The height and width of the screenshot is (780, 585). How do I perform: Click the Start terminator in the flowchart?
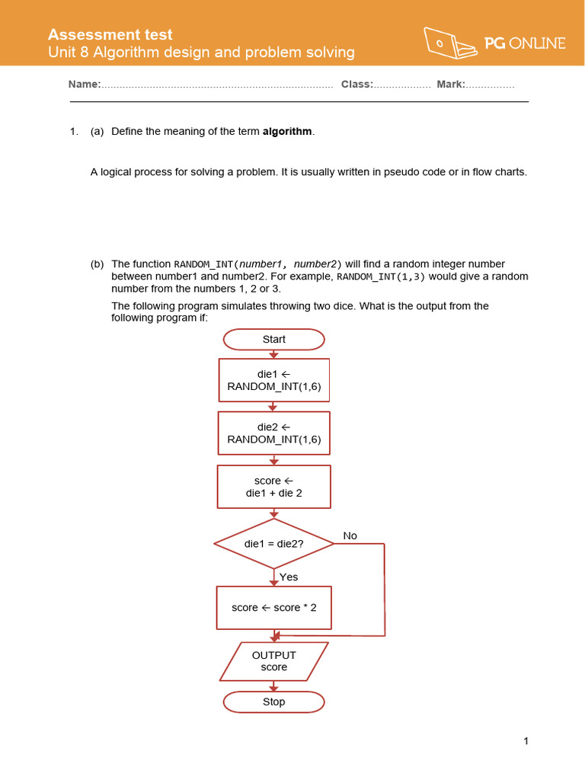click(273, 339)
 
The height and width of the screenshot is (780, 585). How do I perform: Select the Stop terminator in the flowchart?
click(273, 702)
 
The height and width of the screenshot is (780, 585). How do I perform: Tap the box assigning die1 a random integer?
click(274, 380)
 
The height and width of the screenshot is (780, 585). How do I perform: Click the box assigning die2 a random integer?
click(274, 433)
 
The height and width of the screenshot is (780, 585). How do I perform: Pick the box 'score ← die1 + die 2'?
click(274, 487)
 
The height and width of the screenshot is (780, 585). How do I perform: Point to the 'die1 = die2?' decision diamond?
click(274, 544)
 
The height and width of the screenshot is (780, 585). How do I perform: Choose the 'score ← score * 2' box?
click(274, 607)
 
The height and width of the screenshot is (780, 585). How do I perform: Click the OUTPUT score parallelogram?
click(274, 661)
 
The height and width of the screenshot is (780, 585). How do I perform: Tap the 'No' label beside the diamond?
click(350, 536)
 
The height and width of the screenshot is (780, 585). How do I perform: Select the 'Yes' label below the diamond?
click(289, 577)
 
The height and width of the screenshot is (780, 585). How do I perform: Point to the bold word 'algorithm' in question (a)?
click(287, 132)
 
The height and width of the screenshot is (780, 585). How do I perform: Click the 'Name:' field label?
click(85, 85)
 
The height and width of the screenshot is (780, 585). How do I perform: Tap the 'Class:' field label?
click(356, 85)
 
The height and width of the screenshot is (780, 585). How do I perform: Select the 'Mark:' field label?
click(451, 85)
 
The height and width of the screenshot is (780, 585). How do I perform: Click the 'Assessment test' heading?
click(110, 34)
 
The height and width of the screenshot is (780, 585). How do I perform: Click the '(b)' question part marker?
click(97, 264)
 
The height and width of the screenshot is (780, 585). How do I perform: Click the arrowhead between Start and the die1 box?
click(274, 354)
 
